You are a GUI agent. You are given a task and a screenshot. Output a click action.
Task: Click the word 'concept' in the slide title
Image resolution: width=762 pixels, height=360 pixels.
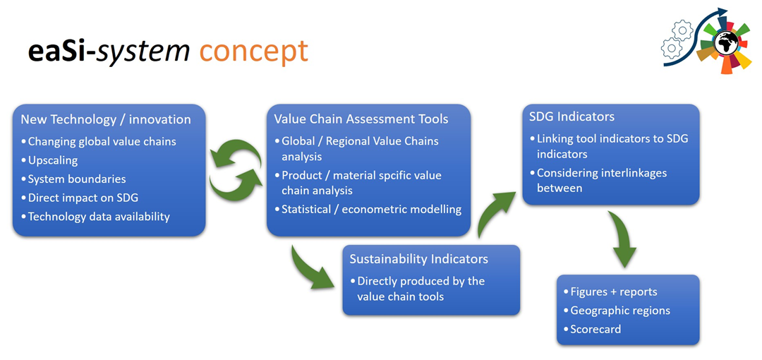click(254, 52)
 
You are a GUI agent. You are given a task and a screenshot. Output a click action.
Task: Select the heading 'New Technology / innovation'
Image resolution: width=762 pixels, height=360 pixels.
click(105, 119)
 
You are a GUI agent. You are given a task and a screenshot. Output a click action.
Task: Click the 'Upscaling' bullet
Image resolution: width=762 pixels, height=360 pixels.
click(54, 160)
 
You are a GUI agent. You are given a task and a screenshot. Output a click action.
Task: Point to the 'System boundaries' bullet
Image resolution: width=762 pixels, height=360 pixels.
click(77, 179)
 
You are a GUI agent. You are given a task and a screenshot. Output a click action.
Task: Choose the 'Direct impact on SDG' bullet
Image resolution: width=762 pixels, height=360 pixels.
click(83, 198)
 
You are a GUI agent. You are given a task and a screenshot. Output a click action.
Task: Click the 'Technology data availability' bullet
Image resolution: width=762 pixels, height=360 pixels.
click(99, 217)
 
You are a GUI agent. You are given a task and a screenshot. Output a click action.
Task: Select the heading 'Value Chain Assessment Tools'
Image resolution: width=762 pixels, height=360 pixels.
click(361, 119)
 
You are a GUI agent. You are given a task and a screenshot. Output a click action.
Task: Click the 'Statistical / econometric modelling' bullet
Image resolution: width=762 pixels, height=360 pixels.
click(371, 209)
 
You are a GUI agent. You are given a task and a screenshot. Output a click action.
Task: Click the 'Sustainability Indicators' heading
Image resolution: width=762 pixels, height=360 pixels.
click(418, 259)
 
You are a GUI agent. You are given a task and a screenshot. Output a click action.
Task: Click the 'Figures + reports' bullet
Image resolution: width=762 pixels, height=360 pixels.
click(614, 292)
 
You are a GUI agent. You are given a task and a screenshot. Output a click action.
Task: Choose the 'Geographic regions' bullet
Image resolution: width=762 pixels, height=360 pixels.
click(620, 311)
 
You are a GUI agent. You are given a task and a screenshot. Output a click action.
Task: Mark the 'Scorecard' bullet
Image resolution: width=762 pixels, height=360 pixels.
click(595, 329)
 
